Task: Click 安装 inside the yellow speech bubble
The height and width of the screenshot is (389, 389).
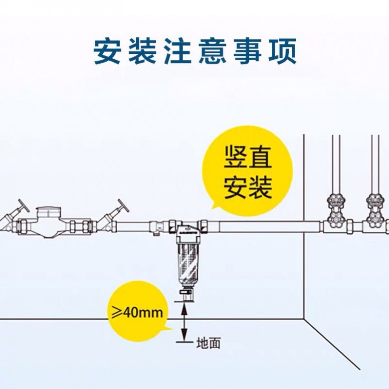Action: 247,187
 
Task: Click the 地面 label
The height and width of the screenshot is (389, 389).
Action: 208,343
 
